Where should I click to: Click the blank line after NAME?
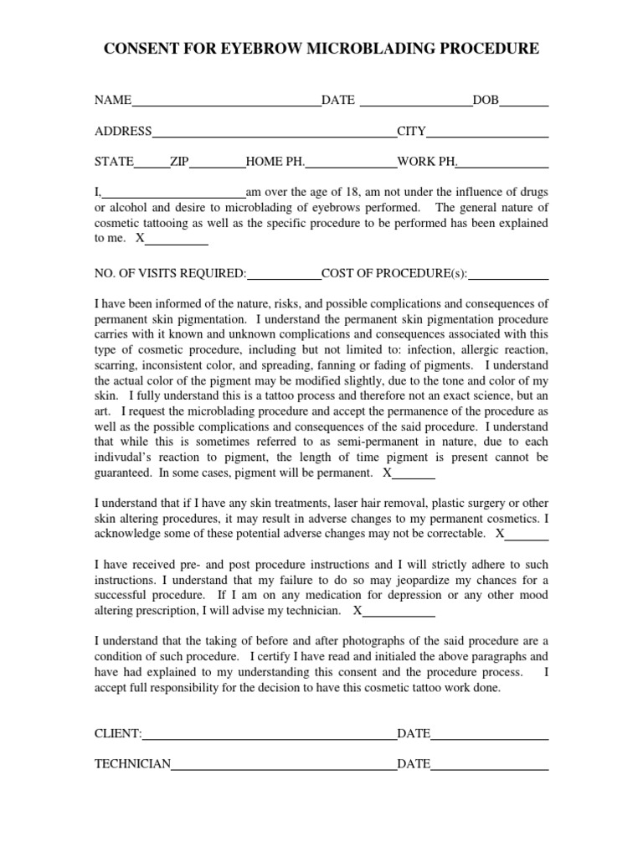tap(226, 103)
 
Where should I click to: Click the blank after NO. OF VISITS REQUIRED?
tap(285, 276)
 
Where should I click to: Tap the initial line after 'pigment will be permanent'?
tap(414, 476)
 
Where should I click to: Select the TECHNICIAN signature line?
tap(284, 767)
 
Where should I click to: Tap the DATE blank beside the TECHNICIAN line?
tap(490, 767)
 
